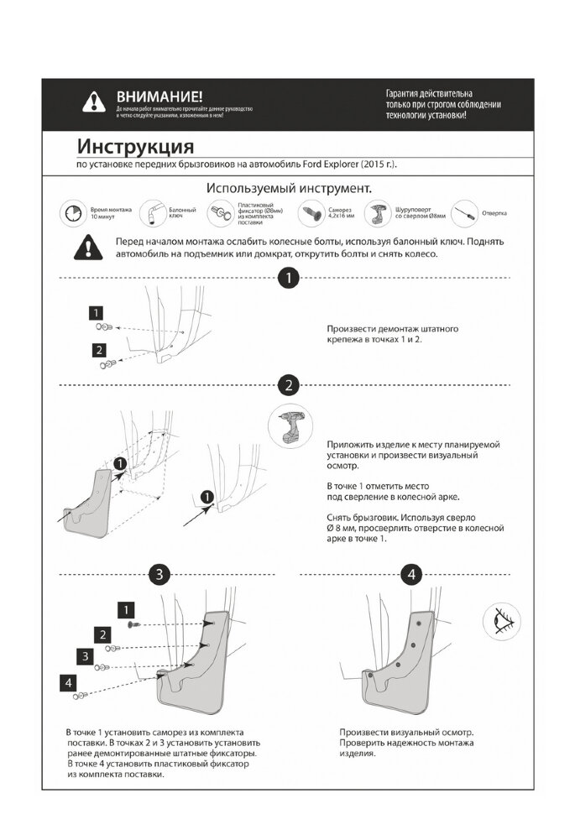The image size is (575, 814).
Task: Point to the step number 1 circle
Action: point(288,278)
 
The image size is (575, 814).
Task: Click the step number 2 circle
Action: point(288,385)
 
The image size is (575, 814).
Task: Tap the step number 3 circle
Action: point(160,575)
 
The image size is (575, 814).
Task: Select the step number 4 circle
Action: point(411,575)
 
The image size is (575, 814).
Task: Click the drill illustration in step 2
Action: point(290,429)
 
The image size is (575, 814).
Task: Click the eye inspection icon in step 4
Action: point(502,622)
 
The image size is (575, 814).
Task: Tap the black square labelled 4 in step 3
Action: point(68,683)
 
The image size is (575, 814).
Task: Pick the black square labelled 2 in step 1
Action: point(99,350)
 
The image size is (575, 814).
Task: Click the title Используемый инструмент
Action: point(289,187)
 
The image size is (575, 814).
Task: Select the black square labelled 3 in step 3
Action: point(85,655)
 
